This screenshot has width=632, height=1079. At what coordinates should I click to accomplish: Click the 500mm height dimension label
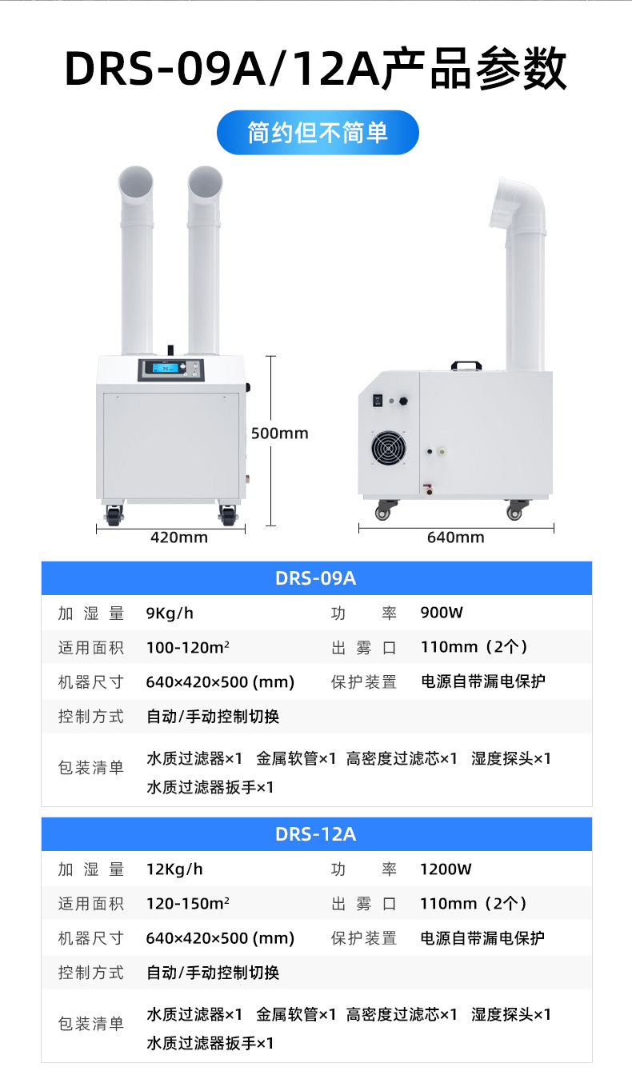279,434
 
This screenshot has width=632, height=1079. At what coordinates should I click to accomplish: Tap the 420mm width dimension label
179,538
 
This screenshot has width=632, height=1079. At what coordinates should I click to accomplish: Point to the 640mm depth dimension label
455,538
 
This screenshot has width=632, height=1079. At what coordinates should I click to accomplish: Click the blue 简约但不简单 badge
318,133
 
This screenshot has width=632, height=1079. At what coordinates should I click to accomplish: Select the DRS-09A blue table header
316,578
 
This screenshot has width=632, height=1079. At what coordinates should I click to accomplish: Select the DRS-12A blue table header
316,834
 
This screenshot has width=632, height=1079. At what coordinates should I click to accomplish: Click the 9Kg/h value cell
170,613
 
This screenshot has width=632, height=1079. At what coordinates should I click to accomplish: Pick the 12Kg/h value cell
174,869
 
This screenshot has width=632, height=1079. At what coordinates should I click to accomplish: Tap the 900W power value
442,613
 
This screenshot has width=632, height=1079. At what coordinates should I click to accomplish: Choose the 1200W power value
446,869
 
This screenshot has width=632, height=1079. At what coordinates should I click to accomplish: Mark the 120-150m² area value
189,904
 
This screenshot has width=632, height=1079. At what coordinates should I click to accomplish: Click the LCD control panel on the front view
170,370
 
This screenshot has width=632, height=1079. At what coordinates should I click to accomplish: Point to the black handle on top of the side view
465,366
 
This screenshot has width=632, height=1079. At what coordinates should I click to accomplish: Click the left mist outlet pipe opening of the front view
136,183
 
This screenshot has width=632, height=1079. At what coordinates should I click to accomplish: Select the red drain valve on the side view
427,486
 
